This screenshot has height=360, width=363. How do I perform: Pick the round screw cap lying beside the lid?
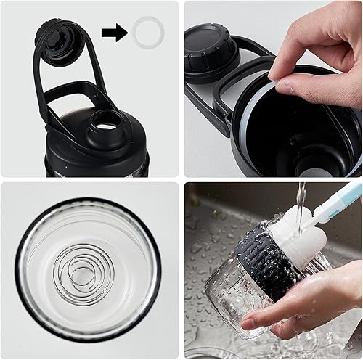tap(211, 50)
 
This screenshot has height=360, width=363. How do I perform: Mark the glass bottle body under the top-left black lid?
tap(94, 168)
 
